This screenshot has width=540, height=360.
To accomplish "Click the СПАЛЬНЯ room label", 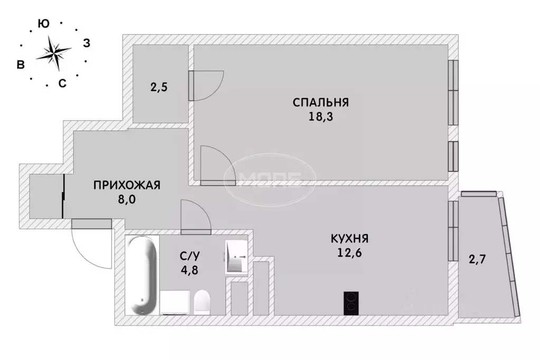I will pos(321,102).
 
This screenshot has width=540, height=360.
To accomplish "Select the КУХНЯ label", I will pos(349,239).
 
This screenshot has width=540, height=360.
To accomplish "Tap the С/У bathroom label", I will pos(190,257).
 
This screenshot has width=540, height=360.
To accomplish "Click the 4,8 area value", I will pos(190,271).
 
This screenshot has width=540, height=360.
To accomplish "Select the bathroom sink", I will pos(236,257).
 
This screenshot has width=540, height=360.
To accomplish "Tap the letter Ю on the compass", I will pos(44,23).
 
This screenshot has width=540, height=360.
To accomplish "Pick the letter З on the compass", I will pos(87,44).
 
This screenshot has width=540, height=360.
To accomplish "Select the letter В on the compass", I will pos(21,64).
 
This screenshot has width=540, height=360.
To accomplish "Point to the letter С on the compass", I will pos(62,83).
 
